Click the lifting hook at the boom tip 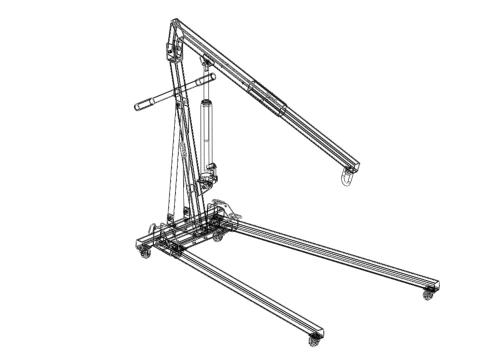[346, 178]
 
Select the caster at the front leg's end [315, 340]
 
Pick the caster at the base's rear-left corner [143, 254]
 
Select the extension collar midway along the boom [268, 98]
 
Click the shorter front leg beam [250, 294]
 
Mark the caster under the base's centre [217, 237]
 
